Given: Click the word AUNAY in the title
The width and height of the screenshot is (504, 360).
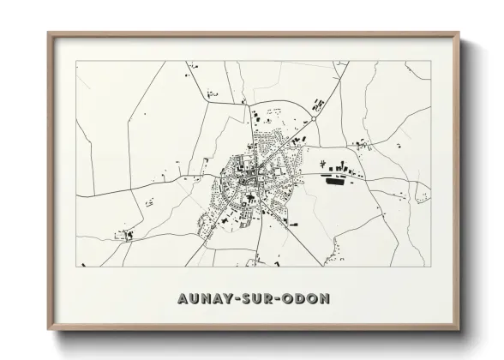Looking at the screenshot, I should [204, 301].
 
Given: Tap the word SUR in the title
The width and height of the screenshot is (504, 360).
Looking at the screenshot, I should [256, 301].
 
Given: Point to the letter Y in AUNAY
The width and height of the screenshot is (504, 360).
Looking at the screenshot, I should [225, 301].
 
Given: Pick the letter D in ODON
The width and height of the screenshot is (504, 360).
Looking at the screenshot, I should [301, 301].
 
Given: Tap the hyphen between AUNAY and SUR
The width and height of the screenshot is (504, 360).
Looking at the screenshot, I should [235, 301].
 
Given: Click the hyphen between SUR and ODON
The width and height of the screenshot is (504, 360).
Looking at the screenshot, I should [279, 301].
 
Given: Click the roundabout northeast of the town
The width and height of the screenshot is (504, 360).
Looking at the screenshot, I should [315, 120].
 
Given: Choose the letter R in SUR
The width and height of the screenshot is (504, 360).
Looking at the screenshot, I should [268, 301].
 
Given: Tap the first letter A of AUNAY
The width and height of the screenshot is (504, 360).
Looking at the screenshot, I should [182, 301].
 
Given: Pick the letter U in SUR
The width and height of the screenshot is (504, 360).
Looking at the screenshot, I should [256, 301].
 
